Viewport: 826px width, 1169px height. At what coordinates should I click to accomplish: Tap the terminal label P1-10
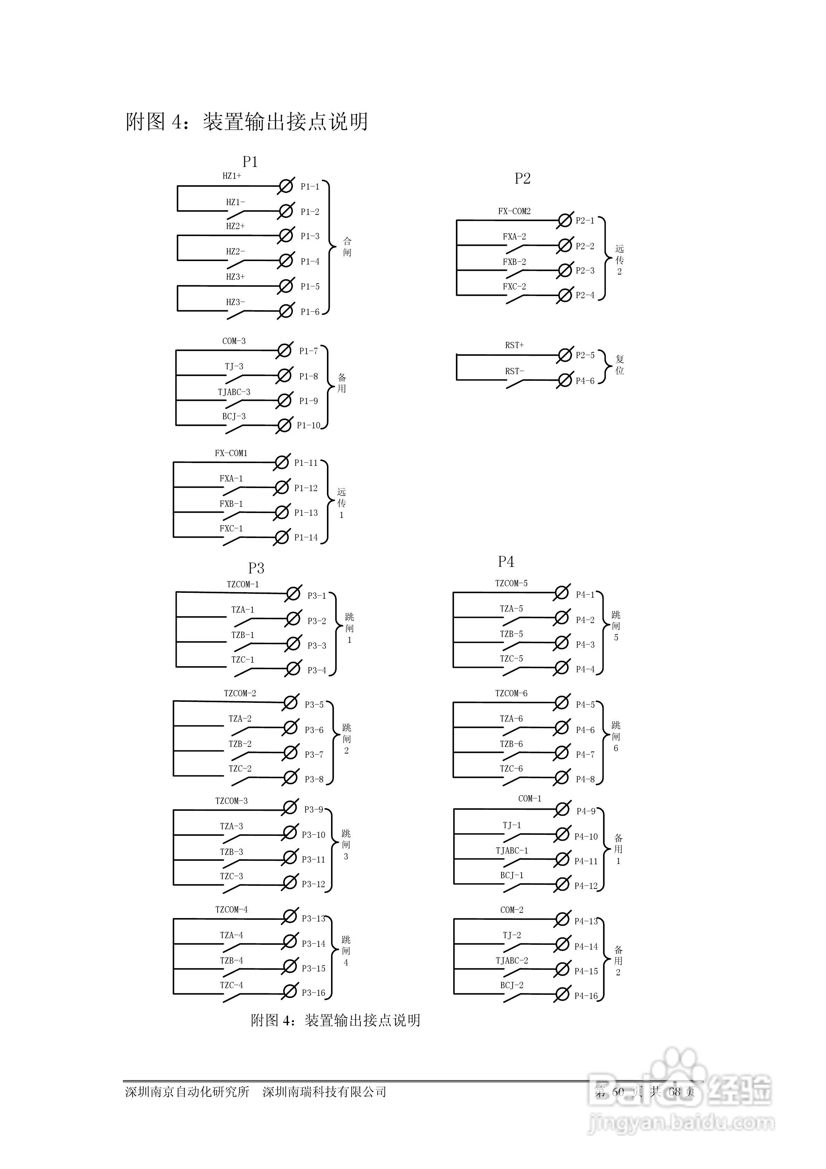(x=309, y=426)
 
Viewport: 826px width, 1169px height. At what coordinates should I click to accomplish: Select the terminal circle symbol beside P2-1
(x=564, y=220)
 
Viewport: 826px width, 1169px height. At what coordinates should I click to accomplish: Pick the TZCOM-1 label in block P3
(x=243, y=584)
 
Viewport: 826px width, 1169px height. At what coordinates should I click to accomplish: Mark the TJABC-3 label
(x=234, y=393)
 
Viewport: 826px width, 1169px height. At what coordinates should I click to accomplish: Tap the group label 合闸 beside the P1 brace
(x=347, y=247)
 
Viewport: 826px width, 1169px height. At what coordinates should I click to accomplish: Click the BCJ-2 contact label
(x=512, y=985)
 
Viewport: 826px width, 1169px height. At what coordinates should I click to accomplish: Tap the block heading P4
(x=506, y=562)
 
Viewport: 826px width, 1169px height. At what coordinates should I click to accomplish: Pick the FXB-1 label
(x=231, y=504)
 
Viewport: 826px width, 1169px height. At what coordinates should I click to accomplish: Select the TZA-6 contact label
(x=511, y=719)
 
